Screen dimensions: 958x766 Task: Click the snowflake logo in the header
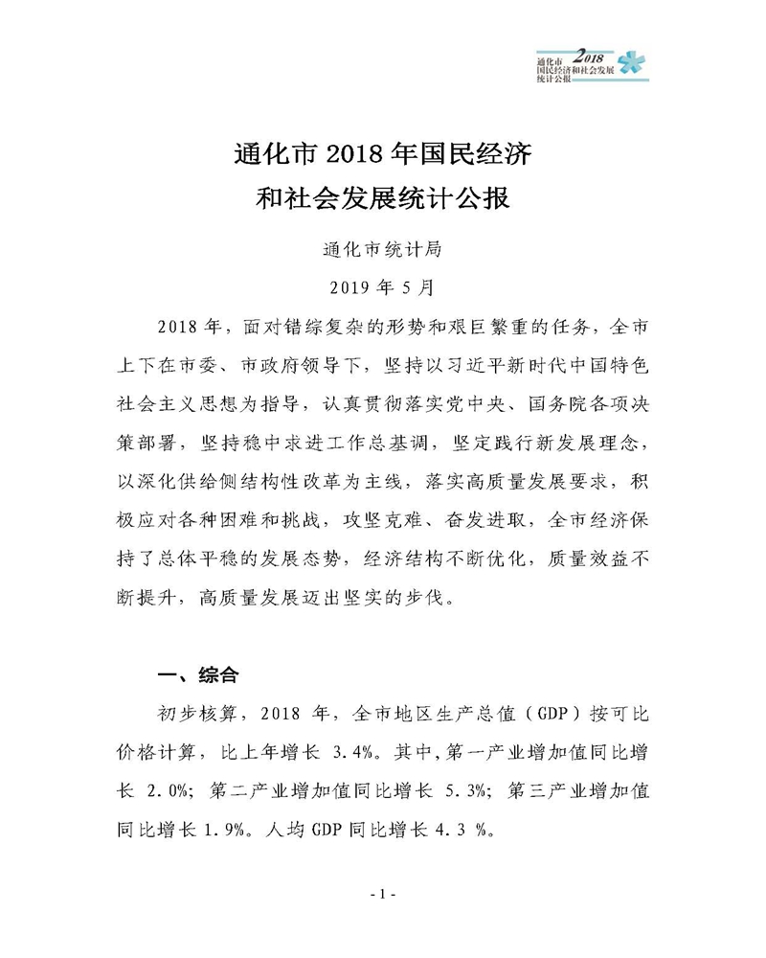[x=632, y=64]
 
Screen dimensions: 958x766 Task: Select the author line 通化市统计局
[x=382, y=250]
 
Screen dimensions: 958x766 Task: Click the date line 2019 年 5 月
[x=382, y=285]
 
